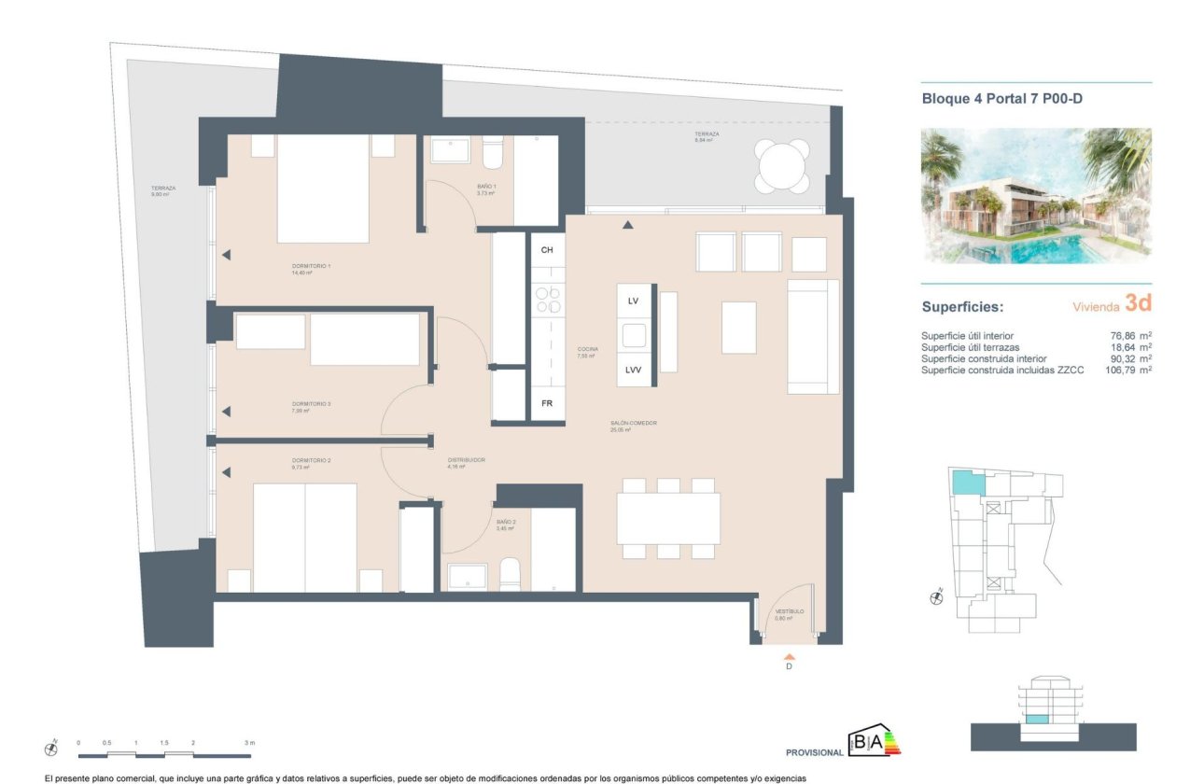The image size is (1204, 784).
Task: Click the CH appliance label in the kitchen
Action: tap(547, 250)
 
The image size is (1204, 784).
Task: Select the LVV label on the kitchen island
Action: tap(634, 370)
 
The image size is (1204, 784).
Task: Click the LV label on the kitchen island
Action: tap(633, 301)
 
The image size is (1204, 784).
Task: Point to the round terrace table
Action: tap(783, 166)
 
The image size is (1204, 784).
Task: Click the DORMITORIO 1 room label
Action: tap(311, 266)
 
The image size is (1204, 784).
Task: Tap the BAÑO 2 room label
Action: tap(506, 523)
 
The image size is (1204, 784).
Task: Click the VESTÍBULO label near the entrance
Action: tap(789, 612)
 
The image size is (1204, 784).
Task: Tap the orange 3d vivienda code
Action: tap(1138, 303)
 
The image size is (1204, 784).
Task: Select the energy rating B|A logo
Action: tap(873, 741)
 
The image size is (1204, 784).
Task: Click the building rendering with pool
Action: tap(1035, 195)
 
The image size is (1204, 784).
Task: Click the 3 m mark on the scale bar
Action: tap(248, 743)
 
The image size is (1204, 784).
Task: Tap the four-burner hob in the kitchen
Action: tap(548, 300)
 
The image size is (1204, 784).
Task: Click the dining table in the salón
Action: tap(667, 518)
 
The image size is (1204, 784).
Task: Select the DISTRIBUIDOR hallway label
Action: tap(467, 459)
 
